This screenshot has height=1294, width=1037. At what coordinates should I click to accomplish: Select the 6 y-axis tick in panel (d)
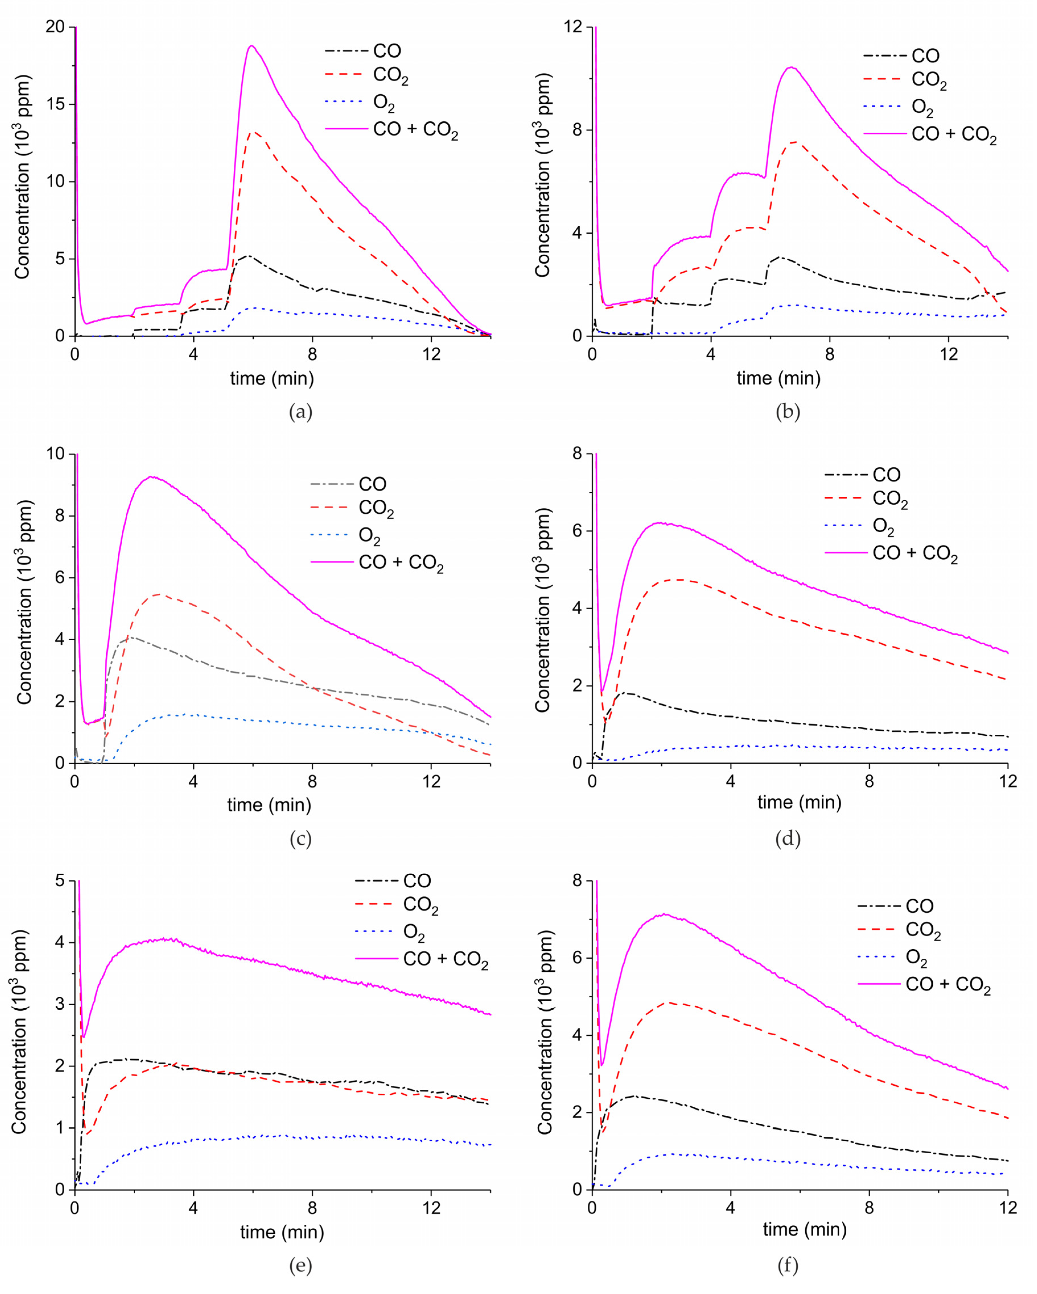[578, 531]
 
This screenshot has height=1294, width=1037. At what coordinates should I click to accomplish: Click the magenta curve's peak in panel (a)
[251, 45]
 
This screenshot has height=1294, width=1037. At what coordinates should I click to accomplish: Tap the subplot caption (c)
[300, 838]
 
